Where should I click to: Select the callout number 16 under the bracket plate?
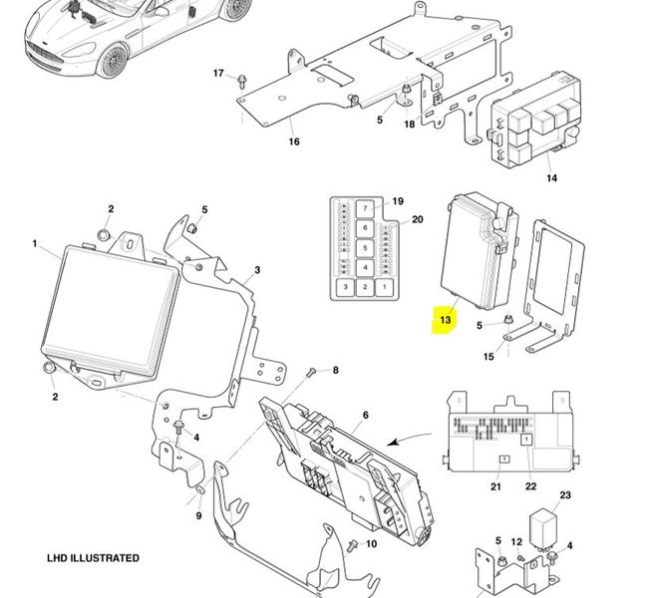pyautogui.click(x=294, y=142)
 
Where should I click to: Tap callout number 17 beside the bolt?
pyautogui.click(x=219, y=74)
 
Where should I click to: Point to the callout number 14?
pyautogui.click(x=551, y=178)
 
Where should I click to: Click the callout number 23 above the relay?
pyautogui.click(x=565, y=495)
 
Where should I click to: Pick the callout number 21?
pyautogui.click(x=495, y=486)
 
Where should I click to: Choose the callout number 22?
pyautogui.click(x=530, y=486)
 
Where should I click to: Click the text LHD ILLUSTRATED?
pyautogui.click(x=93, y=558)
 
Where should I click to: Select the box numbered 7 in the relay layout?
pyautogui.click(x=366, y=208)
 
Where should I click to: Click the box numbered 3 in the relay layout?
pyautogui.click(x=344, y=287)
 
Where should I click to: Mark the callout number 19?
pyautogui.click(x=398, y=200)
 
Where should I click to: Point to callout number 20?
pyautogui.click(x=418, y=220)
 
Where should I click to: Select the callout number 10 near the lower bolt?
pyautogui.click(x=371, y=544)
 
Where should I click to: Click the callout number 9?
pyautogui.click(x=198, y=515)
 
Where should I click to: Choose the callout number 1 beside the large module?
pyautogui.click(x=34, y=243)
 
